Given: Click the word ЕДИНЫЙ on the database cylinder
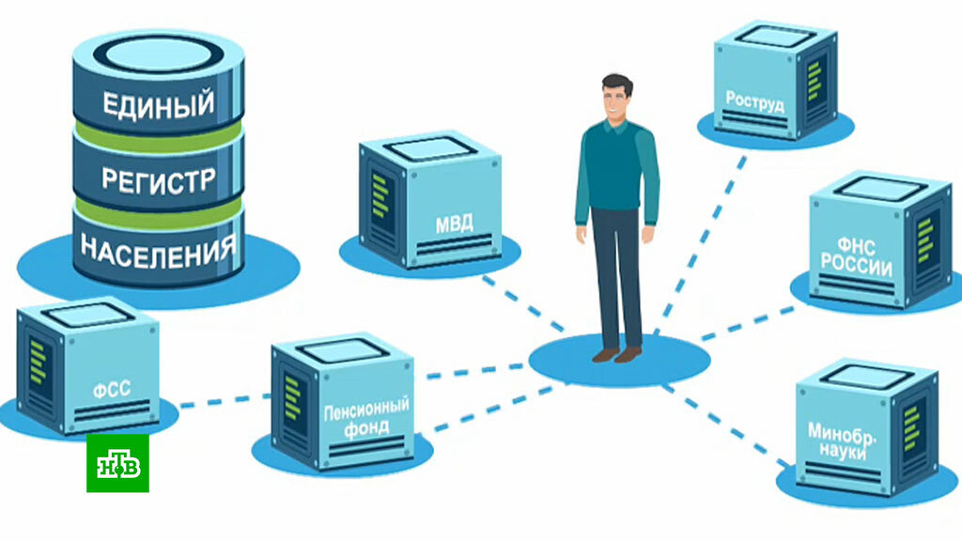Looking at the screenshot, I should pyautogui.click(x=159, y=102).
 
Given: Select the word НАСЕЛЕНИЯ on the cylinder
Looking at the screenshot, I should pyautogui.click(x=159, y=249).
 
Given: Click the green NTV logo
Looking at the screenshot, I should pyautogui.click(x=117, y=463).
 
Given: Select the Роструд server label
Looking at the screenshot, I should pyautogui.click(x=754, y=100).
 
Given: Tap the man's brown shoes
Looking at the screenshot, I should pyautogui.click(x=616, y=354).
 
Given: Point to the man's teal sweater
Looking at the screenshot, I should pyautogui.click(x=614, y=169).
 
